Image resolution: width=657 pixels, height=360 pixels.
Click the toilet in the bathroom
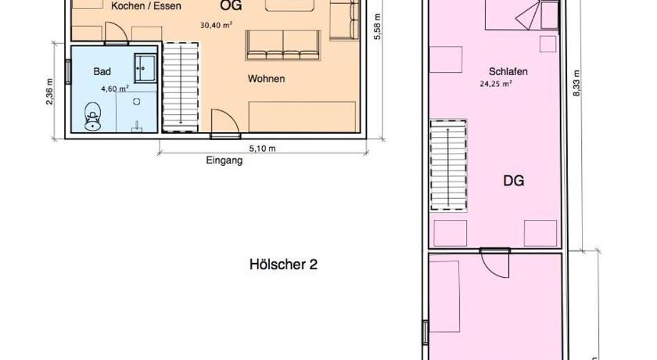(x=92, y=117)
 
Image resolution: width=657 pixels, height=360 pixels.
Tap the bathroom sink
(x=145, y=68)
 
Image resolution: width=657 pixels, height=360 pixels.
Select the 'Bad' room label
(x=102, y=72)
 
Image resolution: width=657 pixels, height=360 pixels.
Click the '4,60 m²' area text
(x=115, y=88)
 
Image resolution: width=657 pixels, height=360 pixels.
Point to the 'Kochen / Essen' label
(x=145, y=6)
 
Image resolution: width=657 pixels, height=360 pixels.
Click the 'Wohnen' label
(x=266, y=79)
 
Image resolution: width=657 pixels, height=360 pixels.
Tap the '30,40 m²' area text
(x=216, y=25)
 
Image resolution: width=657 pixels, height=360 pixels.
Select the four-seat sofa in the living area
(x=283, y=45)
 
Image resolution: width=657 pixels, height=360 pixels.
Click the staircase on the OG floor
(x=180, y=87)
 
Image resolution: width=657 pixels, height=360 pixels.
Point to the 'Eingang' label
(x=224, y=160)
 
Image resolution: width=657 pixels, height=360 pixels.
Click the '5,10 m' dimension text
(x=262, y=149)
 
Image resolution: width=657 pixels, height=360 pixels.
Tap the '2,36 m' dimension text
(x=50, y=92)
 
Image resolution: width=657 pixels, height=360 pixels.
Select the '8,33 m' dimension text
(x=576, y=84)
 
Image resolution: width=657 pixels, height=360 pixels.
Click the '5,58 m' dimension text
(x=377, y=27)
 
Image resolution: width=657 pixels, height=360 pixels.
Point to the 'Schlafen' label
(x=508, y=72)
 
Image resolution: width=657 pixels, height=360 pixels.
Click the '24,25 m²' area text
(x=496, y=84)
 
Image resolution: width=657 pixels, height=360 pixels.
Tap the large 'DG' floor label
(x=513, y=181)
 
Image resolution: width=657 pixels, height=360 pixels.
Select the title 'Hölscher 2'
(x=283, y=265)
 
